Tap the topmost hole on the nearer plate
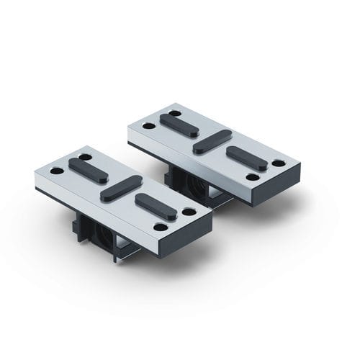[85, 157]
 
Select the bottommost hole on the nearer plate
[161, 227]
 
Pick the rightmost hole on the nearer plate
[189, 212]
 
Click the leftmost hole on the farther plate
[148, 125]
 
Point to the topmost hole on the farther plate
[175, 112]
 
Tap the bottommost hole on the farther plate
[252, 176]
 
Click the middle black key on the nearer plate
[121, 188]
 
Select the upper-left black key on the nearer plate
[89, 170]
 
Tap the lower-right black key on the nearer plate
[156, 207]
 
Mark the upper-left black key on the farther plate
[179, 125]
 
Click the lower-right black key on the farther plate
[246, 158]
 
